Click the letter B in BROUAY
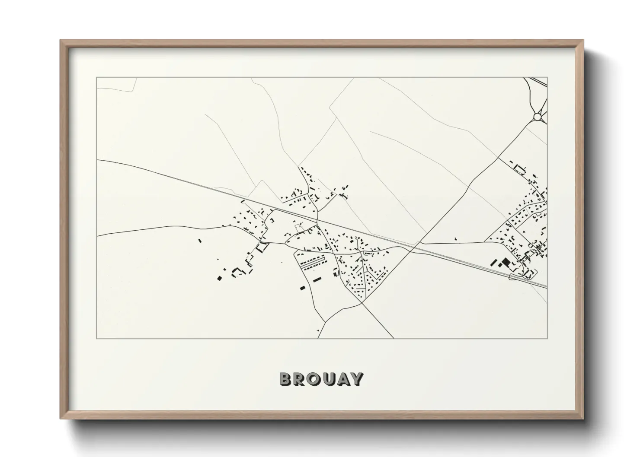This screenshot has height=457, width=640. [287, 379]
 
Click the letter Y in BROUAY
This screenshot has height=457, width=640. [357, 379]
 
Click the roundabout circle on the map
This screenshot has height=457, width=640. [538, 116]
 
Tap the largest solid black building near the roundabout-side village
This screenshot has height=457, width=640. [506, 262]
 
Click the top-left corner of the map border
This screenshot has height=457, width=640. [97, 78]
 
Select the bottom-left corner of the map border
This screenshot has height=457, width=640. [97, 338]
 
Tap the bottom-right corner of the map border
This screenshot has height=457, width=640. [547, 338]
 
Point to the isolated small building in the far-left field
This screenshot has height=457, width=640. [200, 240]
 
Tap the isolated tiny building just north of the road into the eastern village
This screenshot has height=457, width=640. [456, 238]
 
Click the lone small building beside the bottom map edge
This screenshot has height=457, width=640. [318, 331]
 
